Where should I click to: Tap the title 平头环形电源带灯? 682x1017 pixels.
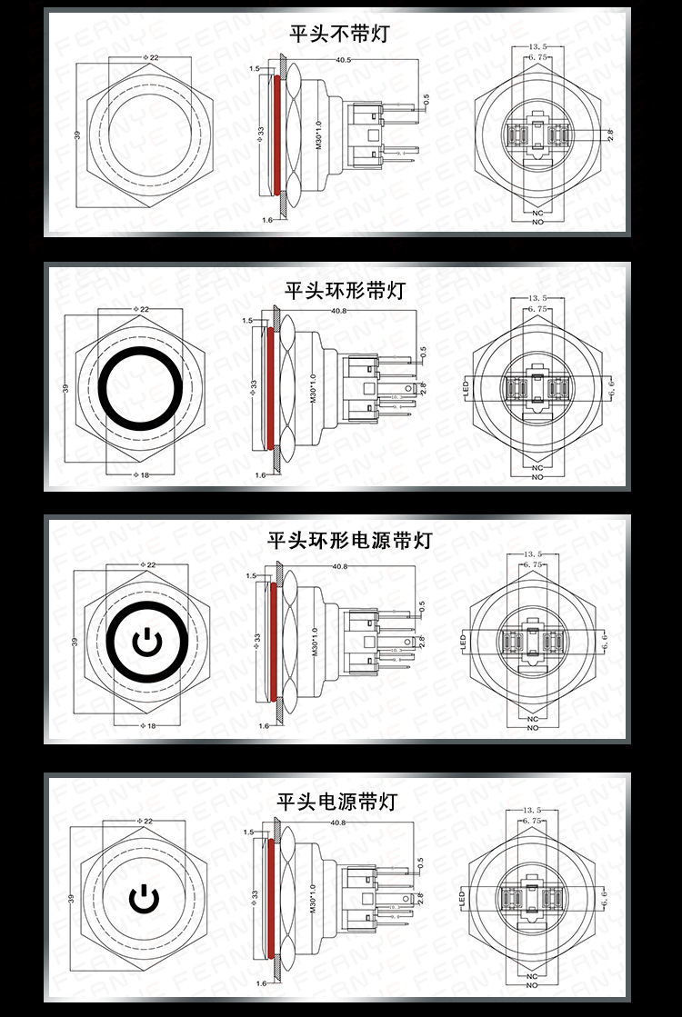coord(349,541)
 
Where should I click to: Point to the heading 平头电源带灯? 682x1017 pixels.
coord(337,801)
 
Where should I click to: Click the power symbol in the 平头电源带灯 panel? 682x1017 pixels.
coord(145,899)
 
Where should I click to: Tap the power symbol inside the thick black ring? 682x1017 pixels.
coord(145,643)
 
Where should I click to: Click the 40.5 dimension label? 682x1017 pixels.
coord(344,60)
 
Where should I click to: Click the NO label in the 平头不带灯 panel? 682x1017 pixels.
coord(537,222)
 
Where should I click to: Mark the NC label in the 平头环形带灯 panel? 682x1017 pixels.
coord(537,467)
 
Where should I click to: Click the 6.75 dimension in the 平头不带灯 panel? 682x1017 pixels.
coord(536,57)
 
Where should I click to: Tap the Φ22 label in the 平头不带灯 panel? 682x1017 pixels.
coord(150,57)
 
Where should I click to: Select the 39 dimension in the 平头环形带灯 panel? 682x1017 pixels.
coord(65,388)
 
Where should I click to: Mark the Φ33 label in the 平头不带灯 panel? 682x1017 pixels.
coord(260,134)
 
